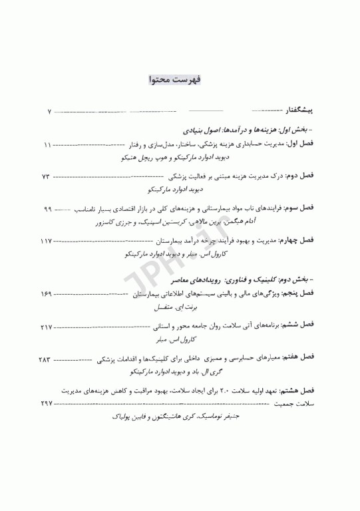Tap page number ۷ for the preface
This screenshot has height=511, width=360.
point(50,110)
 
